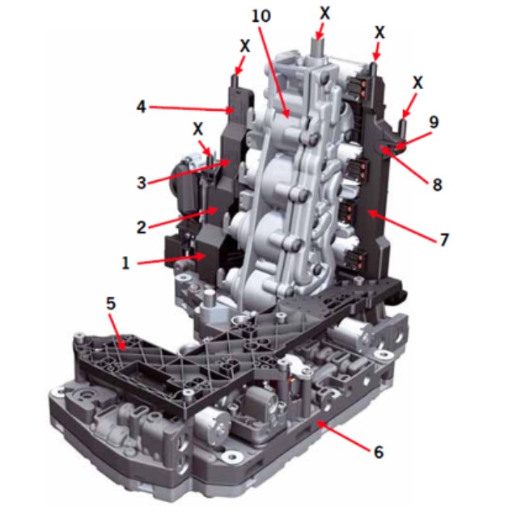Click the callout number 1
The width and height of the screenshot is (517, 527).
[125, 263]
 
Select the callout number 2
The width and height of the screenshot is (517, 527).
[142, 227]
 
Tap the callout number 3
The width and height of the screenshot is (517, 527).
[142, 183]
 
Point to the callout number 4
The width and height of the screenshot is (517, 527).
[142, 107]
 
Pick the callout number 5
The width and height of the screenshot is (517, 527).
[111, 303]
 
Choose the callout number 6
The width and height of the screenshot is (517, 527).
[379, 452]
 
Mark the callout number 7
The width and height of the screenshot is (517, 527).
[444, 239]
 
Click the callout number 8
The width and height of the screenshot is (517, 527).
[437, 184]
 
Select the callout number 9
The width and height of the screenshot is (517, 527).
[434, 122]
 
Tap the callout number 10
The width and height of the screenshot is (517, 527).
[261, 16]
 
